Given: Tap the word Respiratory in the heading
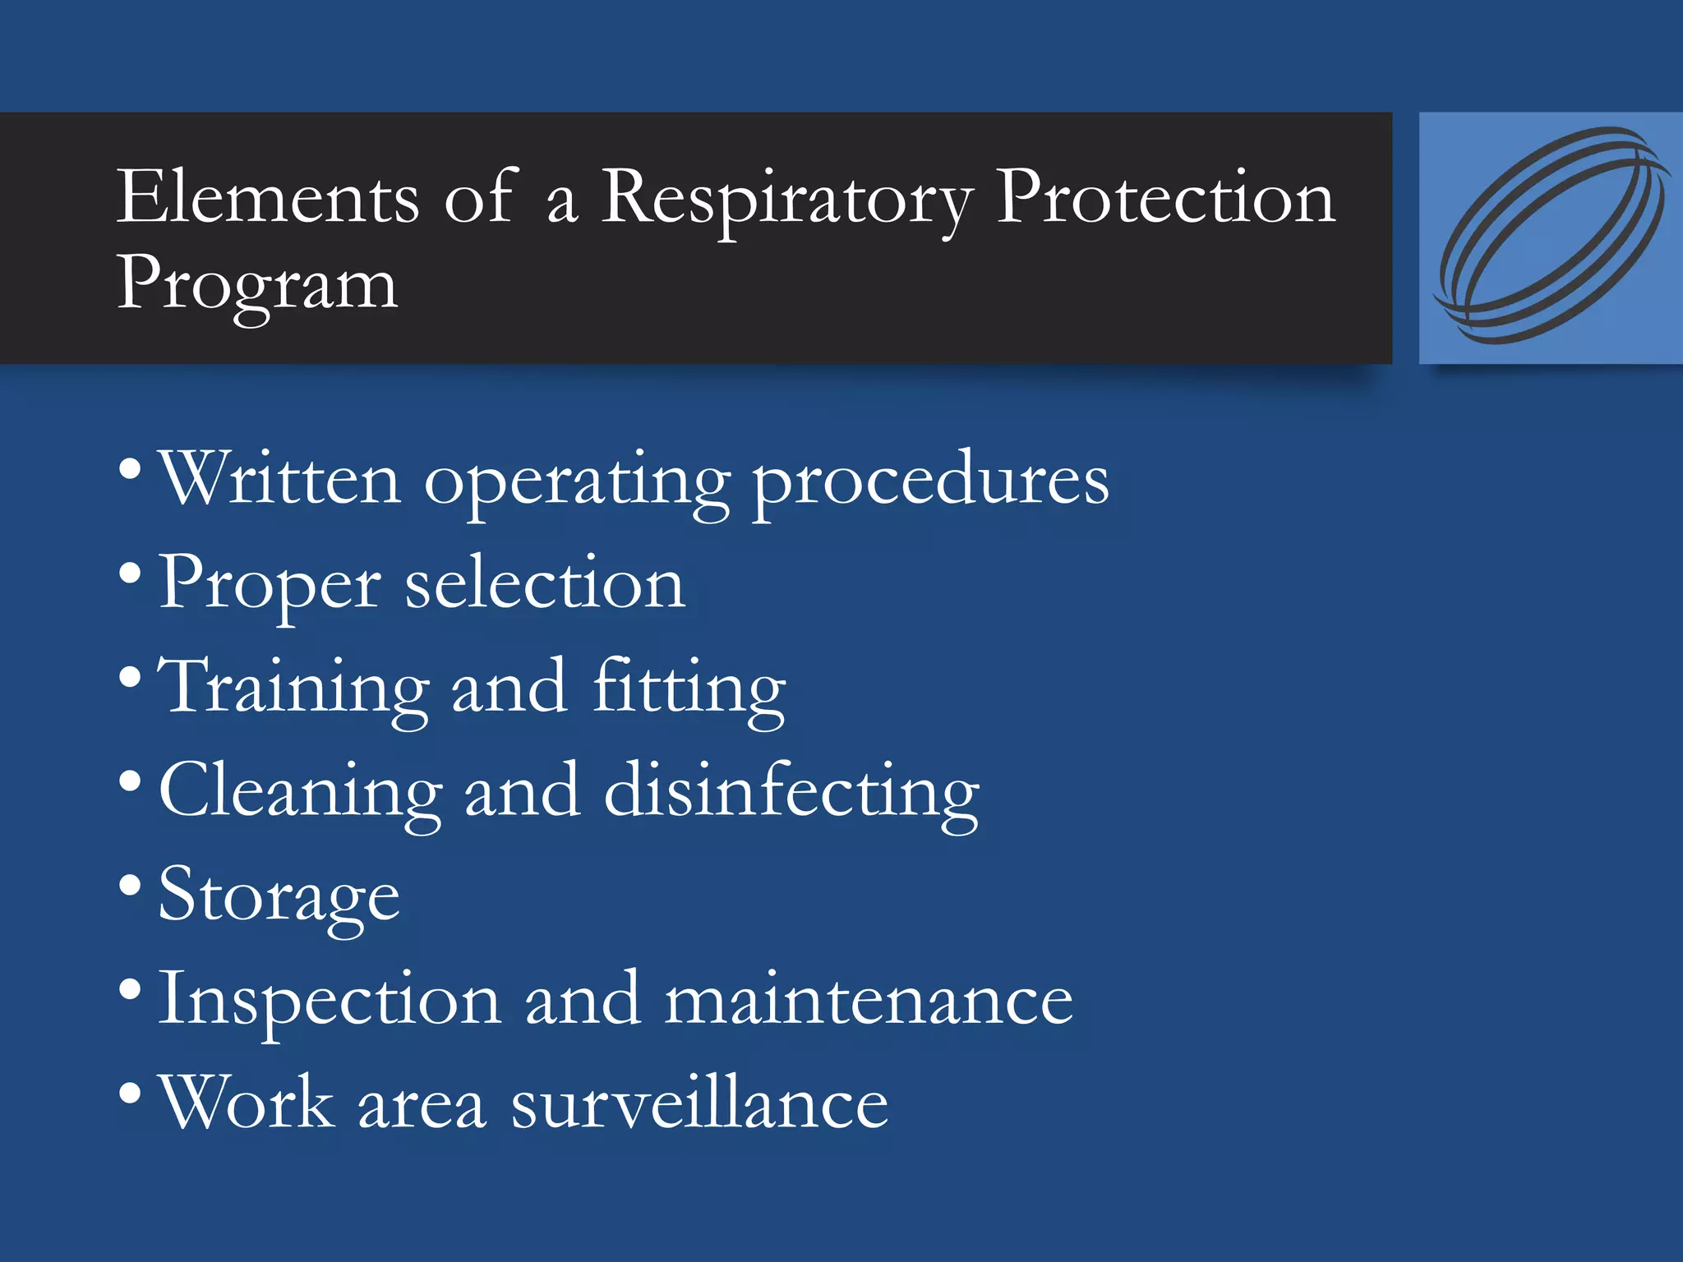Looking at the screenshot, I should [x=787, y=200].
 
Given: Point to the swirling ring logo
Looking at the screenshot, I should [x=1552, y=237].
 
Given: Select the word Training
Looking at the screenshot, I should [x=293, y=689].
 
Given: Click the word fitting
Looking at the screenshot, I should [x=689, y=689].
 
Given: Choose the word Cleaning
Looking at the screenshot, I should [x=301, y=792].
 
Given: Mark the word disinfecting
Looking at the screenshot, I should [x=791, y=792].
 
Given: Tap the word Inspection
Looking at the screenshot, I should [x=330, y=1001].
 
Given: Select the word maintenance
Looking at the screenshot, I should [x=869, y=999].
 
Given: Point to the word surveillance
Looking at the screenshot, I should [x=699, y=1103].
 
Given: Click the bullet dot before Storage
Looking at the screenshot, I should [x=130, y=886].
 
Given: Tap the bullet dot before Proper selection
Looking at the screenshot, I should [x=130, y=573].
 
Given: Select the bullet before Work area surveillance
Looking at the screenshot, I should [x=130, y=1094].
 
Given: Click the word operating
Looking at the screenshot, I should [x=576, y=483].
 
